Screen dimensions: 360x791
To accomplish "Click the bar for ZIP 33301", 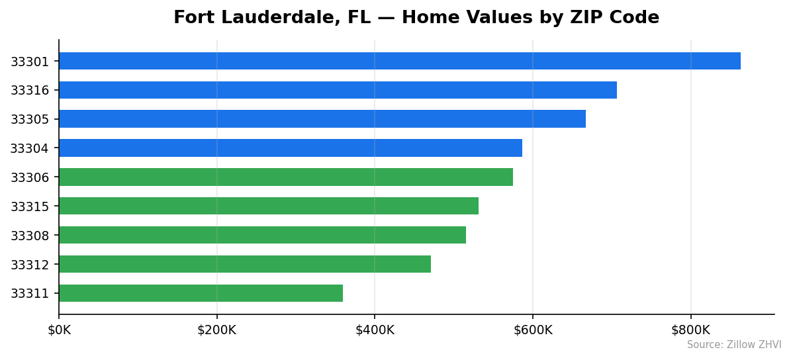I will click(x=399, y=61).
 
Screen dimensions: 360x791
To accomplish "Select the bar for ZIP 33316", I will click(x=338, y=90).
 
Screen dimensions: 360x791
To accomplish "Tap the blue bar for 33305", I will click(x=322, y=119).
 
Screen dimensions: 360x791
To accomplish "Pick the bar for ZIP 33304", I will click(x=290, y=148).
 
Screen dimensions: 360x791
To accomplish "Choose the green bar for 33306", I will click(x=285, y=177).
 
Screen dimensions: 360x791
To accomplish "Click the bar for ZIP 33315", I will click(x=268, y=206).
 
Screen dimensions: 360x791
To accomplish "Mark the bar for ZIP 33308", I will click(x=262, y=235).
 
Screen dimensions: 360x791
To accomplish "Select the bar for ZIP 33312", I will click(x=244, y=264).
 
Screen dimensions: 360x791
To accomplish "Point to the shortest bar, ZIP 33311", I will click(x=201, y=293).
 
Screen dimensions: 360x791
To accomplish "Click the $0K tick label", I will click(x=59, y=330).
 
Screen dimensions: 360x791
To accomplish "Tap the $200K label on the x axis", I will click(x=216, y=330).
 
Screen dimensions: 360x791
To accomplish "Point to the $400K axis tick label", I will click(x=375, y=330).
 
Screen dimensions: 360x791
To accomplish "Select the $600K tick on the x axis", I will click(x=533, y=330).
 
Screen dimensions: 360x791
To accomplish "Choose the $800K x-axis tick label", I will click(x=690, y=330).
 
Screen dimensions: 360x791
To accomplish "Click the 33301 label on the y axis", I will click(x=30, y=62).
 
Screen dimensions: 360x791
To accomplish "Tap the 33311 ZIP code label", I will click(x=30, y=294).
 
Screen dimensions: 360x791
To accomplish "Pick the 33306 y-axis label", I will click(x=30, y=177).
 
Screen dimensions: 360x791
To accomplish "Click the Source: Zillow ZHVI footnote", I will click(x=733, y=345).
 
